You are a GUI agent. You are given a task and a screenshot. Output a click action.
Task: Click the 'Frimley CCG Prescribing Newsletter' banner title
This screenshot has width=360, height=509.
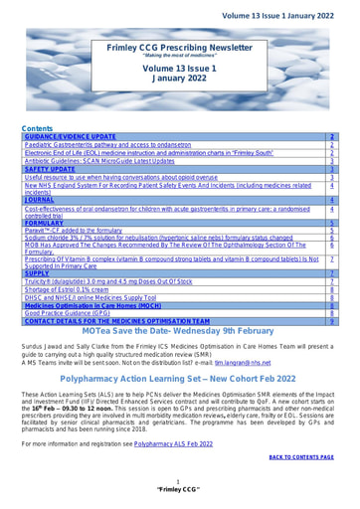181,47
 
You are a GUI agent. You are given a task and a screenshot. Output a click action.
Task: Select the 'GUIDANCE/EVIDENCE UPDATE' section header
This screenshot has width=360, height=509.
74,136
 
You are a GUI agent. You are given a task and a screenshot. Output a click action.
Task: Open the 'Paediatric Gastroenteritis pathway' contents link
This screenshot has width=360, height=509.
106,145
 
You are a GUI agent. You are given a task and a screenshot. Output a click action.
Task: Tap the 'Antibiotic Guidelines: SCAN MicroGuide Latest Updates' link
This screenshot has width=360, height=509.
107,161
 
